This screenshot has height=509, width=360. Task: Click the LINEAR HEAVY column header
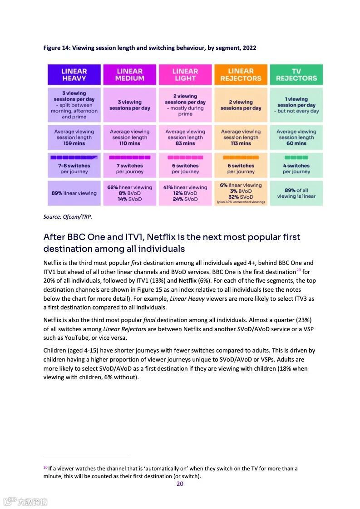(74, 75)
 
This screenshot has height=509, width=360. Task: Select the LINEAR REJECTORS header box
(241, 75)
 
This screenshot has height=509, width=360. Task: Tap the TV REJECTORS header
(296, 75)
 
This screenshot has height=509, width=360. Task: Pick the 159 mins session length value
(74, 143)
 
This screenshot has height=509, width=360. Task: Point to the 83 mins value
(185, 143)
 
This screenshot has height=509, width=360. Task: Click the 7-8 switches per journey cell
(74, 169)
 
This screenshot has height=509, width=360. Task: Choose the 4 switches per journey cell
(296, 169)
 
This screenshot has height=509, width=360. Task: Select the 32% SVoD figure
(241, 197)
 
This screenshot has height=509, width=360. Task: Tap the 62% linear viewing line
(130, 187)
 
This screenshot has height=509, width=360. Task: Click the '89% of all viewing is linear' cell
(296, 193)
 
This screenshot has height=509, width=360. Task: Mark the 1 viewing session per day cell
(296, 105)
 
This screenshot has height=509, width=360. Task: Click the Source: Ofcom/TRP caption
(68, 217)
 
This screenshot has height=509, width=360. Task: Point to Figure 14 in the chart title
(56, 48)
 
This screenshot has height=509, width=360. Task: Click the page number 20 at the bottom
(180, 484)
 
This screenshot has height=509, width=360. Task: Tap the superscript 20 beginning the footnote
(45, 467)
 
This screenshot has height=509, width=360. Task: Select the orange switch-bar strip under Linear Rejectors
(241, 157)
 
